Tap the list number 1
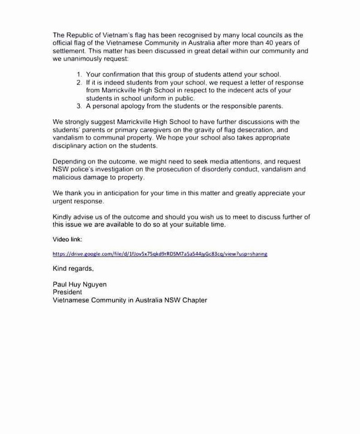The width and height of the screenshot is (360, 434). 80,74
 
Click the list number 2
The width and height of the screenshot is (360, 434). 80,82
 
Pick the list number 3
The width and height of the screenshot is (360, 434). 80,106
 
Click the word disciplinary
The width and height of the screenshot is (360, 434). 71,145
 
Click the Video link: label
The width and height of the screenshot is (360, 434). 68,239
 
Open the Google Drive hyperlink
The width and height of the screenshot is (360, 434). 160,254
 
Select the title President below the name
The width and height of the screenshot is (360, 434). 67,292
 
